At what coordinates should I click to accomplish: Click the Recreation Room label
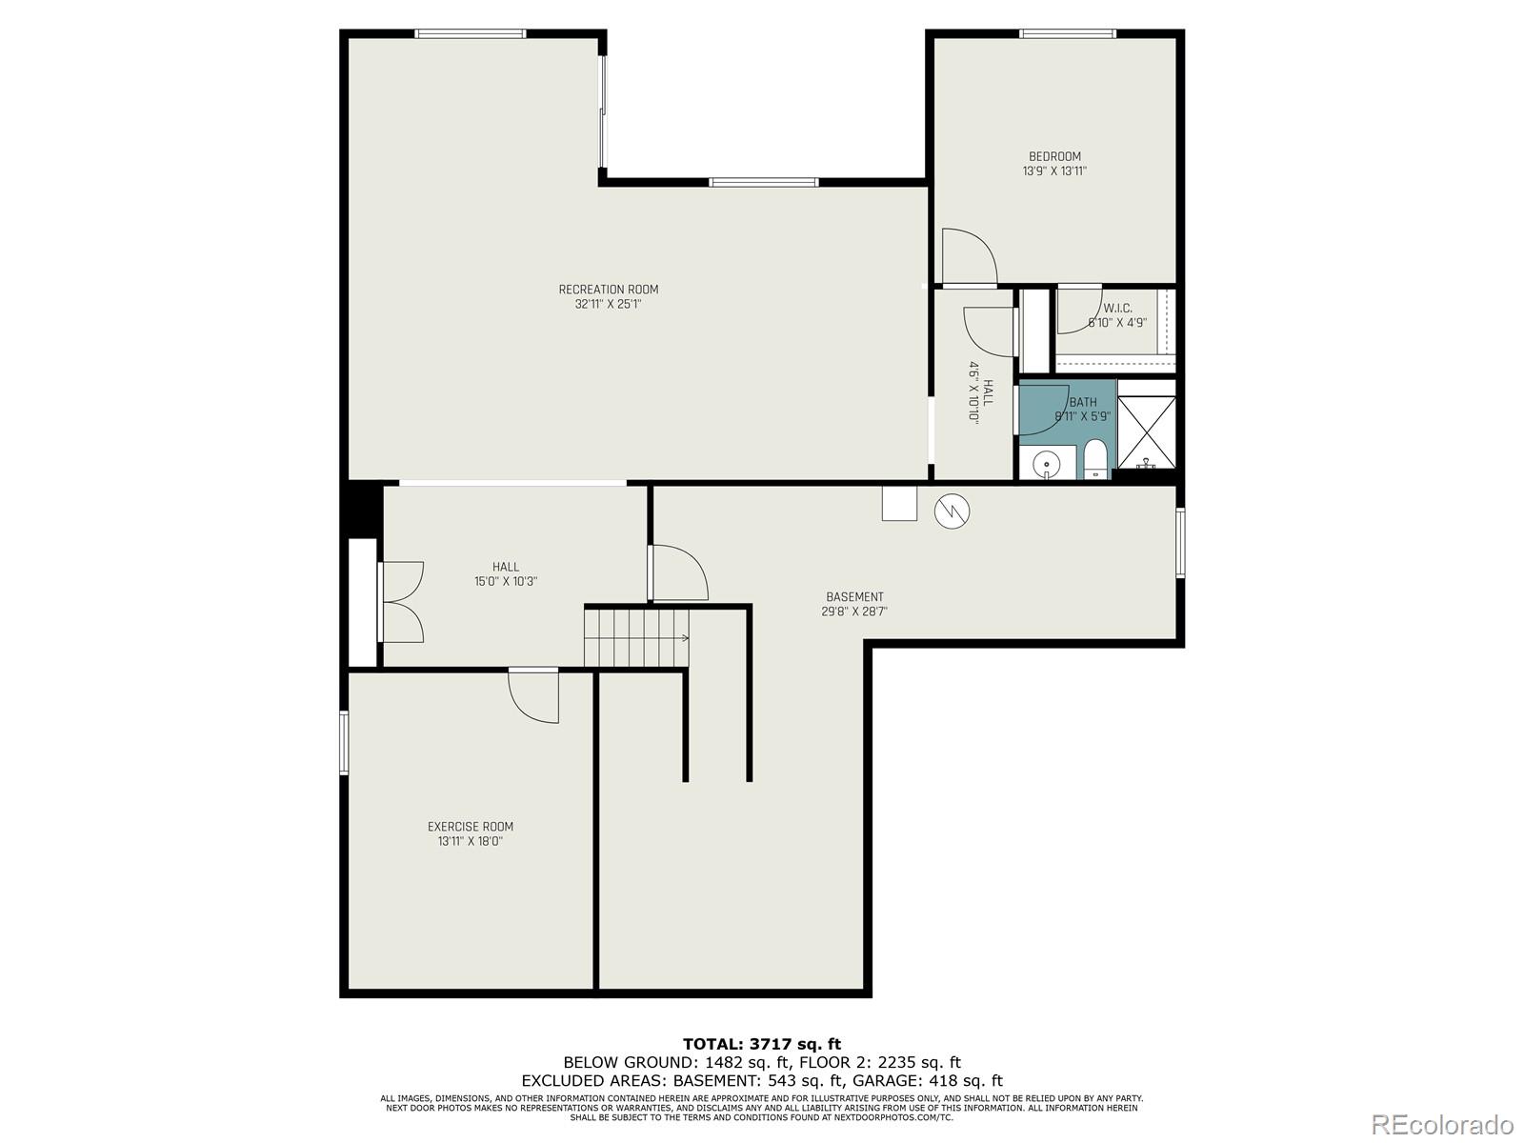tap(608, 290)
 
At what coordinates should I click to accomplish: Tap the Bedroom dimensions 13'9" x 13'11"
tap(1054, 171)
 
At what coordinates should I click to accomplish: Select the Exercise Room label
tap(470, 827)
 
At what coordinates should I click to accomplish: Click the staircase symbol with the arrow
tap(636, 638)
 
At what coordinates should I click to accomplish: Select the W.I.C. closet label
tap(1117, 309)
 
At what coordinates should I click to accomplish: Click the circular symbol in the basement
tap(952, 511)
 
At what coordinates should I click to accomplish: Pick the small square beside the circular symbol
tap(899, 503)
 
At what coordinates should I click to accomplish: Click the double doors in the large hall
tap(401, 602)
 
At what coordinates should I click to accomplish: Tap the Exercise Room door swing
tap(532, 696)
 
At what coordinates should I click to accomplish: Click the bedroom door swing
tap(967, 256)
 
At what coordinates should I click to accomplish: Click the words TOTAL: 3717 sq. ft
tap(762, 1044)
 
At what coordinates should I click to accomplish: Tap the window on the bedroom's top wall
tap(1067, 34)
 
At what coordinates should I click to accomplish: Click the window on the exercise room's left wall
tap(345, 742)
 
